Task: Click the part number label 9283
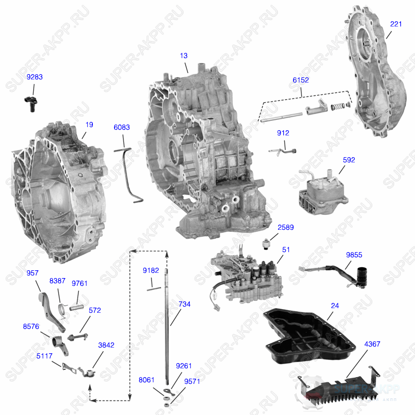tap(35, 77)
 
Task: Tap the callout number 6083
tap(122, 127)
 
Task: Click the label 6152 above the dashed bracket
tap(300, 80)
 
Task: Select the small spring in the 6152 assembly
tap(337, 107)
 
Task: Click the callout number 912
tap(283, 133)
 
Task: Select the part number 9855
tap(354, 254)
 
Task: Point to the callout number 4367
tap(372, 344)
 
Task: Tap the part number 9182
tap(151, 270)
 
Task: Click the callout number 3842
tap(106, 344)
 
